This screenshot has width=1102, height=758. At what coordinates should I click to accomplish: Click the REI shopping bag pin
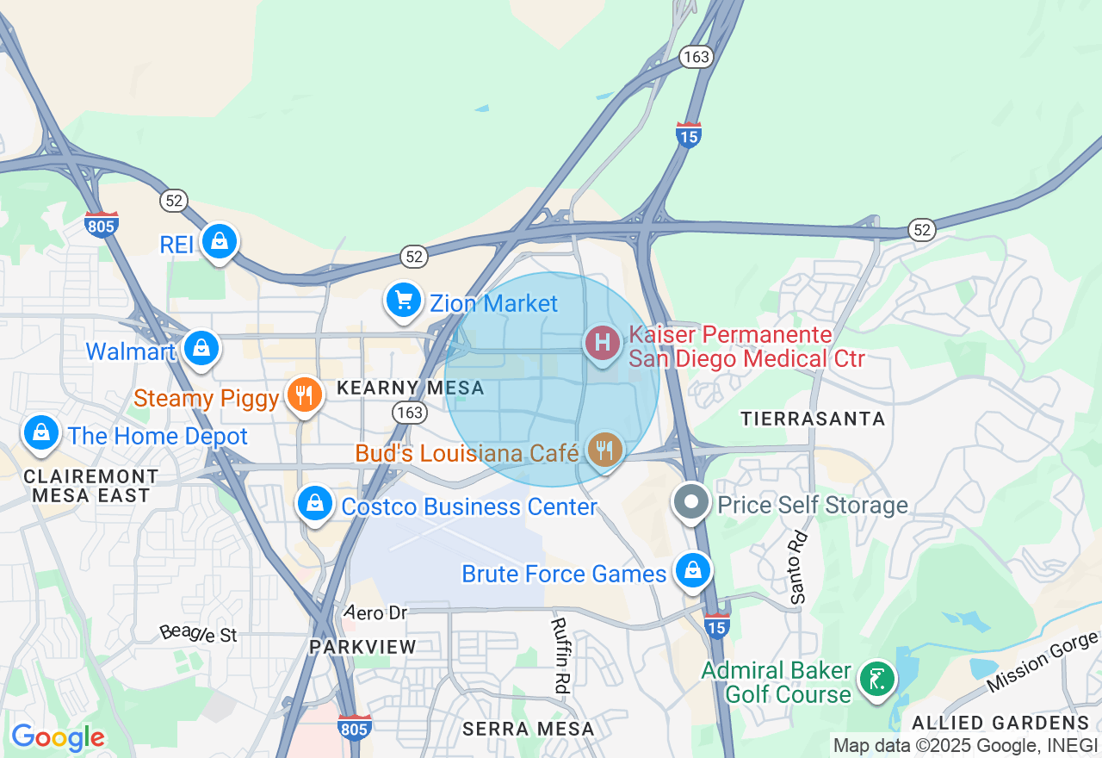pyautogui.click(x=220, y=242)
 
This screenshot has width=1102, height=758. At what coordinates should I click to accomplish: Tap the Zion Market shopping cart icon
pyautogui.click(x=402, y=301)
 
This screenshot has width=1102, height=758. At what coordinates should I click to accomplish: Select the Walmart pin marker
pyautogui.click(x=201, y=348)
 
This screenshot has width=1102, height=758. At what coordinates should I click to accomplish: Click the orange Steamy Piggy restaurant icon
pyautogui.click(x=303, y=395)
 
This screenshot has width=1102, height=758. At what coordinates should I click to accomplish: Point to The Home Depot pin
pyautogui.click(x=40, y=433)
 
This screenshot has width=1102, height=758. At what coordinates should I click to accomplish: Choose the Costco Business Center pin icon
pyautogui.click(x=315, y=503)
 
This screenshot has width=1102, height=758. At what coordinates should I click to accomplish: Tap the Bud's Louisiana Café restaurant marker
pyautogui.click(x=606, y=450)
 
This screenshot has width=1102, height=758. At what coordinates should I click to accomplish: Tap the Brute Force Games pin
pyautogui.click(x=692, y=571)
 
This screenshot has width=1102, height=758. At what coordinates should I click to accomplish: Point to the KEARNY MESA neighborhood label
pyautogui.click(x=411, y=388)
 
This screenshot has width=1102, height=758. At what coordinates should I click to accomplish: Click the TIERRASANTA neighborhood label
pyautogui.click(x=813, y=419)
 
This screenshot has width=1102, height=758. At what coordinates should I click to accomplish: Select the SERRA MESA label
pyautogui.click(x=528, y=729)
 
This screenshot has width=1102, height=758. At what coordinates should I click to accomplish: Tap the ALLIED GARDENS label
pyautogui.click(x=1000, y=722)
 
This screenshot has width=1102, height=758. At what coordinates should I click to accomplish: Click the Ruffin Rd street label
pyautogui.click(x=560, y=655)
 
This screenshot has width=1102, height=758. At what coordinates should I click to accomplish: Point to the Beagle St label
pyautogui.click(x=198, y=634)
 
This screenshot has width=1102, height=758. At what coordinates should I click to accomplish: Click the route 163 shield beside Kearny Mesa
pyautogui.click(x=410, y=413)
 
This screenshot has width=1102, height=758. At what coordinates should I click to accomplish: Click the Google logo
pyautogui.click(x=58, y=737)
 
